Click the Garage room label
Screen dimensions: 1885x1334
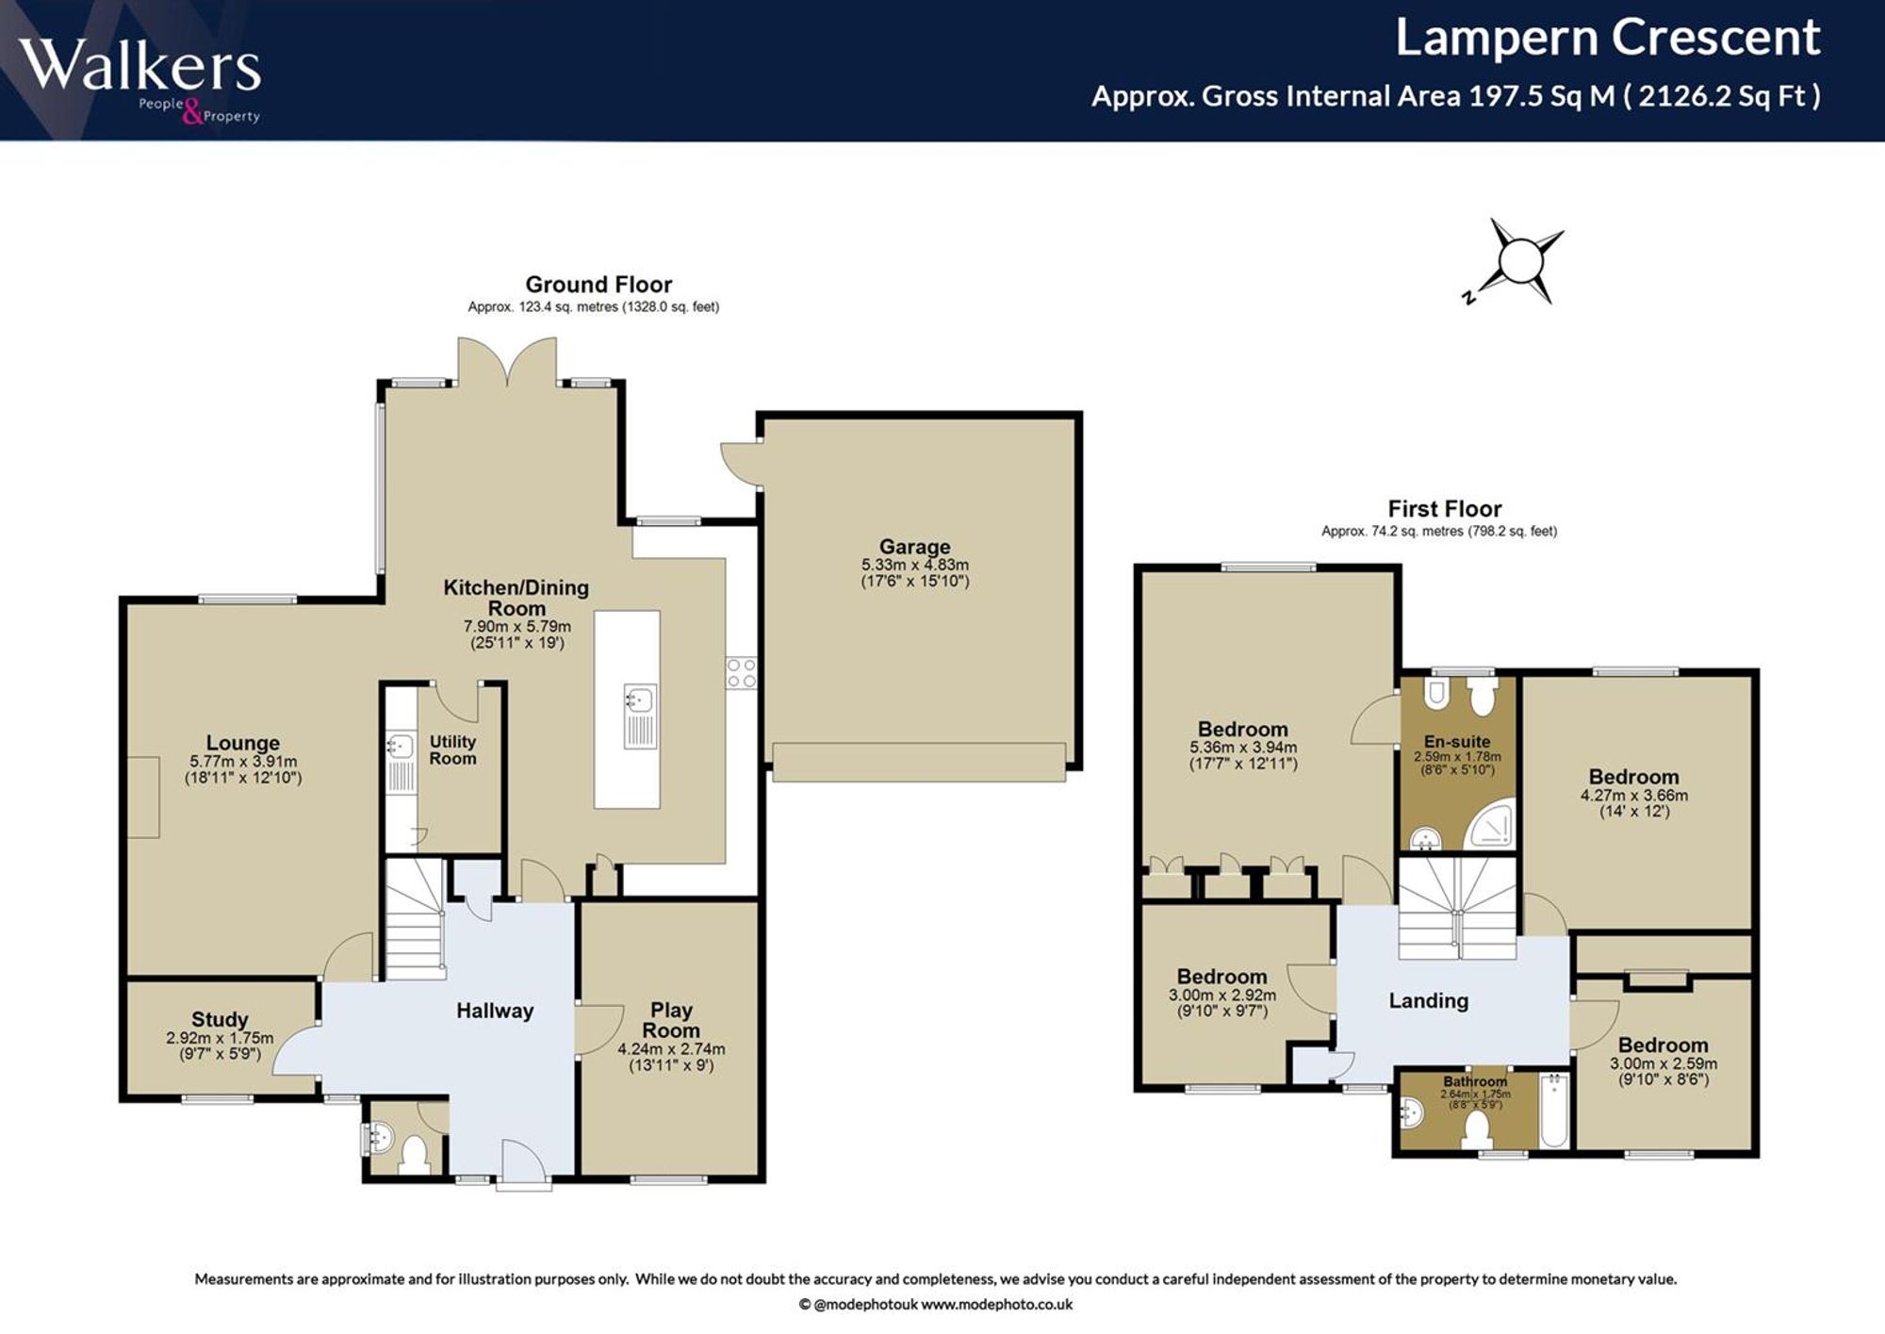914,547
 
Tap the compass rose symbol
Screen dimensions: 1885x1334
1516,261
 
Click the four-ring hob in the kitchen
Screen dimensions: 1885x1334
741,673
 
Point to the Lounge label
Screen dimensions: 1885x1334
243,743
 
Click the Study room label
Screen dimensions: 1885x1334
220,1019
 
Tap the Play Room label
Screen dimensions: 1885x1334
671,1020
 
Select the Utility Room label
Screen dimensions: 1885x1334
452,749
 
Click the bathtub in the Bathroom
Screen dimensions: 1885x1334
1553,1110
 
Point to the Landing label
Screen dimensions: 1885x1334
1429,1000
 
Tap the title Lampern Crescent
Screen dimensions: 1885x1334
1607,38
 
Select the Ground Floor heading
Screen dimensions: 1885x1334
598,284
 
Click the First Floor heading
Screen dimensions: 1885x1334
1445,508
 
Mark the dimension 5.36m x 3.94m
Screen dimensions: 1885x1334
1243,747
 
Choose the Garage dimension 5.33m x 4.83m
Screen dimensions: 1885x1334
914,565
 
